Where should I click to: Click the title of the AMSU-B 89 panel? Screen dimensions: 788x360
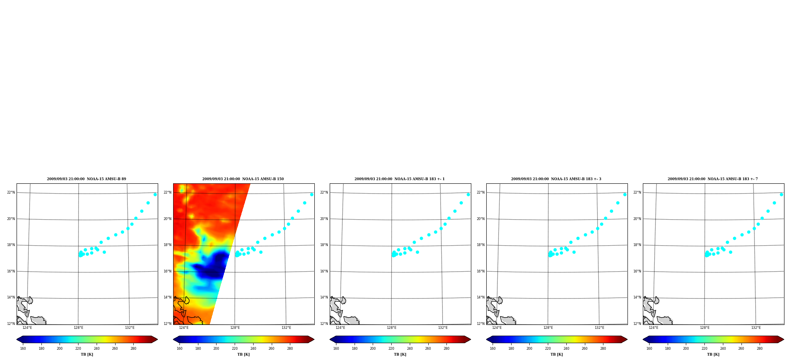tap(86, 179)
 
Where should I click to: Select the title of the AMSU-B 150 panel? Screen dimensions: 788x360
tap(243, 179)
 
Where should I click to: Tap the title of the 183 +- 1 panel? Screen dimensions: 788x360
tap(400, 179)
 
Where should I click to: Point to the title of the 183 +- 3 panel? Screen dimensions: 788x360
tap(556, 179)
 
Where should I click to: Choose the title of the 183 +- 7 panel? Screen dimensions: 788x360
tap(713, 179)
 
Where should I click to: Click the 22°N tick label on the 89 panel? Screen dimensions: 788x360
tap(11, 192)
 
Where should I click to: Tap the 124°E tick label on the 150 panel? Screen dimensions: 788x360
tap(184, 328)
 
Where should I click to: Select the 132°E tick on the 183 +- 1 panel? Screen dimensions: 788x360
tap(443, 328)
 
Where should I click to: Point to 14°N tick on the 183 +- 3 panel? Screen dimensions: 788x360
tap(481, 297)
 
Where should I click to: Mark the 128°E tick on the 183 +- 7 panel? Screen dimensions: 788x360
tap(705, 328)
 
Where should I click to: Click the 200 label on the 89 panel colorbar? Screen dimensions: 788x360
tap(60, 348)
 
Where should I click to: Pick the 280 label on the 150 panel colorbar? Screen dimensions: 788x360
tap(290, 348)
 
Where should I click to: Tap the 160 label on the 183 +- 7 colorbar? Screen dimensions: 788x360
tap(649, 348)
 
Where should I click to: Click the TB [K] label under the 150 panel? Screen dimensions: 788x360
tap(243, 354)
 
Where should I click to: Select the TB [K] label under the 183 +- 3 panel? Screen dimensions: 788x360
tap(556, 354)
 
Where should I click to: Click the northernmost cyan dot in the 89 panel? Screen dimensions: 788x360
tap(155, 194)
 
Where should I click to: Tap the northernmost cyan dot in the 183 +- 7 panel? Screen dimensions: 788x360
tap(781, 194)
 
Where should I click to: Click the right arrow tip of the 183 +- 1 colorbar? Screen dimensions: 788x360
tap(471, 339)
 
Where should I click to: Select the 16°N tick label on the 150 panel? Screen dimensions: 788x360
tap(168, 271)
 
